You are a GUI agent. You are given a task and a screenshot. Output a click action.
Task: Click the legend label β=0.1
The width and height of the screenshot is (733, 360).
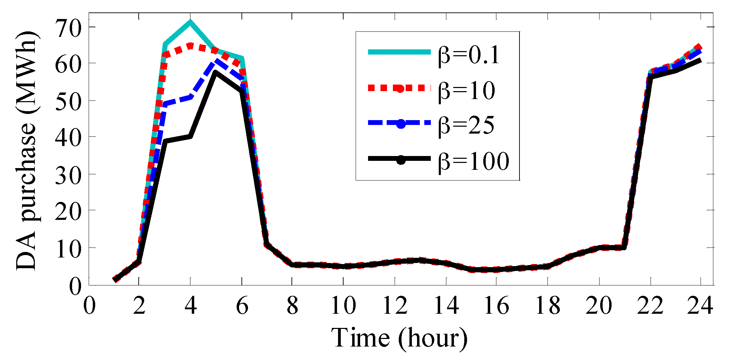[x=468, y=55]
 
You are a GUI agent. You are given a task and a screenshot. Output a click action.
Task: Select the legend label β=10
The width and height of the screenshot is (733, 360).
[x=466, y=90]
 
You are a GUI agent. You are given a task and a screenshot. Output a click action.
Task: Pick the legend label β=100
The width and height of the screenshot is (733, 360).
[x=473, y=161]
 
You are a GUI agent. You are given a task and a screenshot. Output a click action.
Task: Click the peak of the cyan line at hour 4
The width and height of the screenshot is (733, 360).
[x=190, y=22]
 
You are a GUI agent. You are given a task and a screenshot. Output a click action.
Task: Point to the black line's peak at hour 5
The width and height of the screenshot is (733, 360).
[x=215, y=72]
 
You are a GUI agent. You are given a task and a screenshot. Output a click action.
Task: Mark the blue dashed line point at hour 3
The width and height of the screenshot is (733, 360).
[x=165, y=105]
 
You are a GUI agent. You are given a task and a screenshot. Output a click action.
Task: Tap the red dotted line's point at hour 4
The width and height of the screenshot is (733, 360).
[x=190, y=45]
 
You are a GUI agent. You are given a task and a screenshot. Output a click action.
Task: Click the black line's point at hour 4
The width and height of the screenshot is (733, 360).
[x=190, y=136]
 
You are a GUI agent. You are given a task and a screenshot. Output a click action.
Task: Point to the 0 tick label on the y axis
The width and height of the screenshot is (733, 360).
[x=75, y=286]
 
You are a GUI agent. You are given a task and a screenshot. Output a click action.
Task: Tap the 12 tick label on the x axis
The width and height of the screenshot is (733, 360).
[x=395, y=305]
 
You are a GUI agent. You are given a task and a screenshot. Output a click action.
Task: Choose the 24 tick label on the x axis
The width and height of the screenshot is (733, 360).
[x=700, y=305]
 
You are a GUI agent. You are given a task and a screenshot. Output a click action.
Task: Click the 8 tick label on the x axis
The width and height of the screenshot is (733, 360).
[x=292, y=305]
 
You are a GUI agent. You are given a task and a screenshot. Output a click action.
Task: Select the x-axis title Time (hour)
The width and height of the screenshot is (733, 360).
[x=399, y=338]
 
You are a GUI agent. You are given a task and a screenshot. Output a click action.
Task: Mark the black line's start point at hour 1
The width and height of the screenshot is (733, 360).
[x=114, y=280]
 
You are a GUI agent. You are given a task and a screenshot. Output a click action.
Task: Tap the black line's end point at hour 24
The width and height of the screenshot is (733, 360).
[x=700, y=60]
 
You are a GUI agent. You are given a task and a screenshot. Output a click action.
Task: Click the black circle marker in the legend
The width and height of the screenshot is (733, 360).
[x=400, y=159]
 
